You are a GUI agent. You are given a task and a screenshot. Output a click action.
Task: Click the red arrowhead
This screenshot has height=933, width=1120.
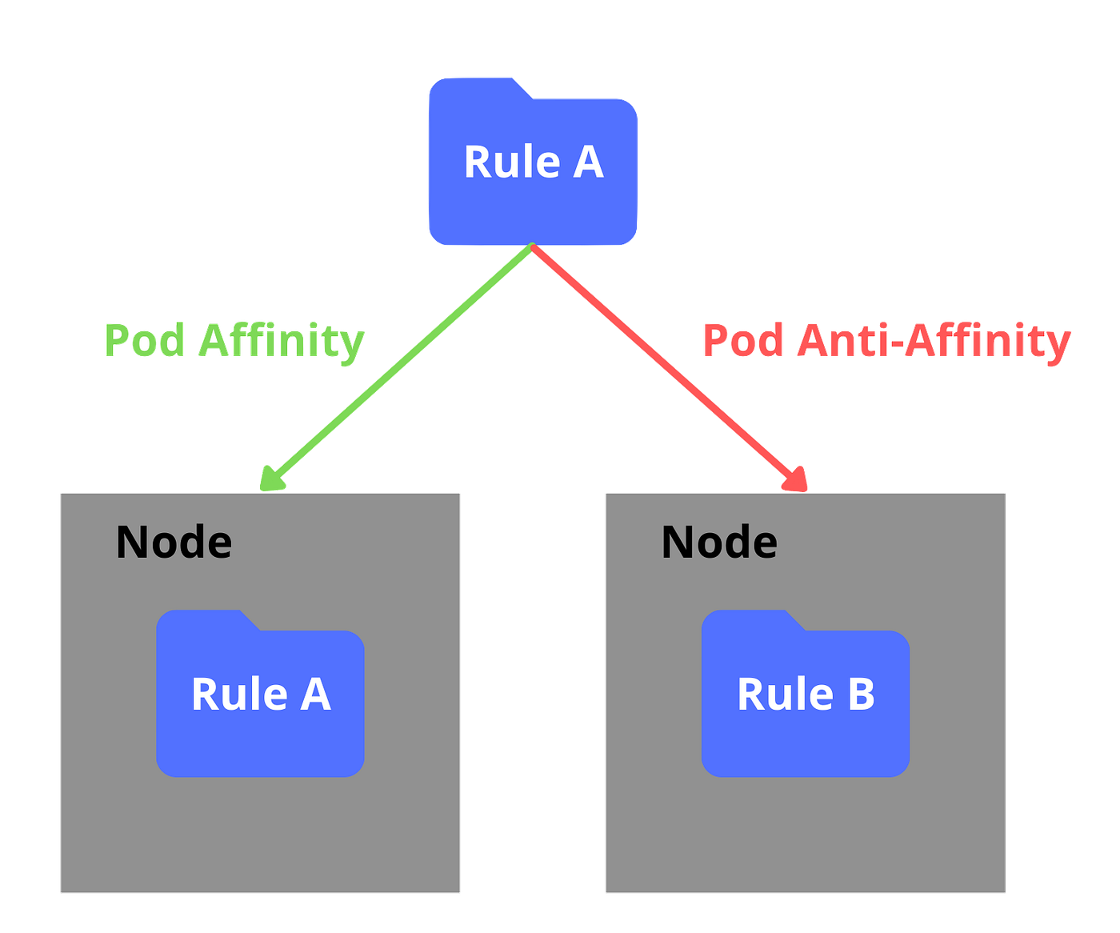pos(797,479)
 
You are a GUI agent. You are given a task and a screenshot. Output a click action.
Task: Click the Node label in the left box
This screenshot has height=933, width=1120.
pos(174,543)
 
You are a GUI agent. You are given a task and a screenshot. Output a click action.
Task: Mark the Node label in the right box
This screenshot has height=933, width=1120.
pos(719,543)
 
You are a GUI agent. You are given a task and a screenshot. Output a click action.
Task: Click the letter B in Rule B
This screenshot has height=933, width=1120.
pos(861,694)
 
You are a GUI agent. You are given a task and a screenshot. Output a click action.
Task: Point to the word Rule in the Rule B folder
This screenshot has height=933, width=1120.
pos(785,694)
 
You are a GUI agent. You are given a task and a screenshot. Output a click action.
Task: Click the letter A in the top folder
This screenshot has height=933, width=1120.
pos(588,162)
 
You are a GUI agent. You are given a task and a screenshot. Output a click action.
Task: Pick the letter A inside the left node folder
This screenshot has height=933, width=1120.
pos(315,694)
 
